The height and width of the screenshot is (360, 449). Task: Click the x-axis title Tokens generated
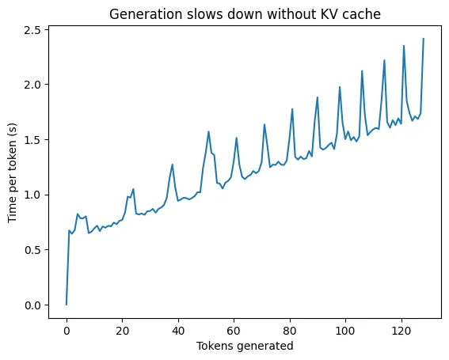click(x=245, y=346)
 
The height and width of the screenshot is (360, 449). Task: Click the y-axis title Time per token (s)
click(x=12, y=167)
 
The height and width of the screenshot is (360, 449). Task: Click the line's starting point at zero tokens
click(x=67, y=305)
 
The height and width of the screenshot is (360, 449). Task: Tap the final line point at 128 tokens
click(x=424, y=39)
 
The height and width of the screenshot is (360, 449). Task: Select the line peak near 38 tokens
click(x=173, y=165)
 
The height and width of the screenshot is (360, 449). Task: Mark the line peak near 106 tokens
click(x=362, y=71)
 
